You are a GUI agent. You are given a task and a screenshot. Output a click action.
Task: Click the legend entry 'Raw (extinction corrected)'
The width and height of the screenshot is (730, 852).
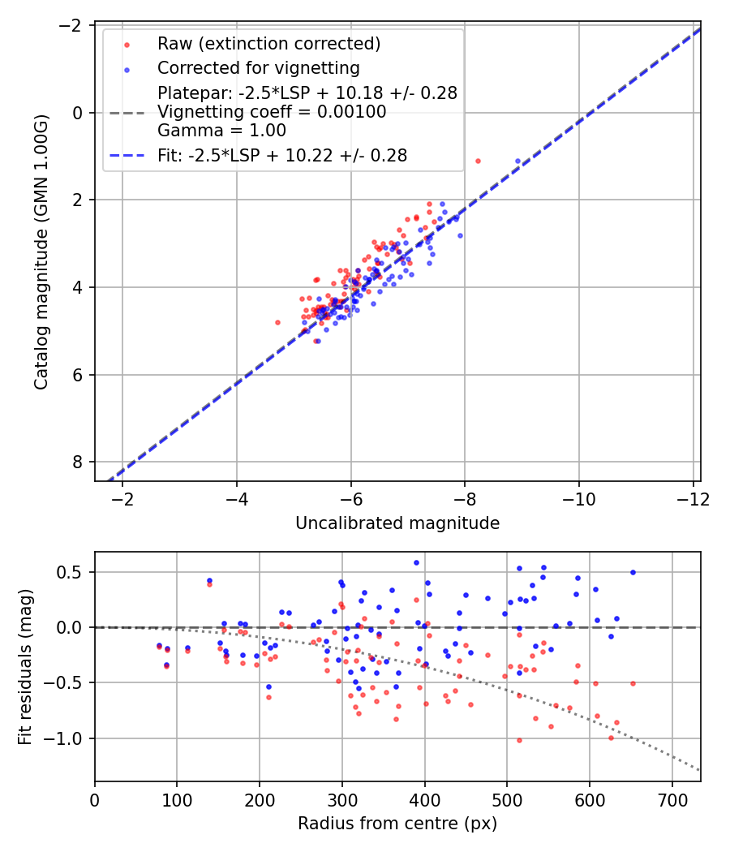268,44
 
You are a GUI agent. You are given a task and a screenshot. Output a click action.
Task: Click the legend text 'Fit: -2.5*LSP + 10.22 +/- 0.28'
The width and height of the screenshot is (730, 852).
282,155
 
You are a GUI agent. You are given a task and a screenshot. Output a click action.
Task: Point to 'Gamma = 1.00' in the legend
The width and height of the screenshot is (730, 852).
221,130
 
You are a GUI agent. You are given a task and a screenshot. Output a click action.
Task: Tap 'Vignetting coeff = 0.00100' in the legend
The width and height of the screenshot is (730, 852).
272,112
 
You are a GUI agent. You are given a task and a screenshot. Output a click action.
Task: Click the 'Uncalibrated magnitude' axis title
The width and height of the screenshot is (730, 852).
397,523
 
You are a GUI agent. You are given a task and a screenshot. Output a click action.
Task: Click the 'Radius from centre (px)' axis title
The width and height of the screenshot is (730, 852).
397,824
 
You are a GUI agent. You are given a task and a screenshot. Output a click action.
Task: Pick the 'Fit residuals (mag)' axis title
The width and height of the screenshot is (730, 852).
25,666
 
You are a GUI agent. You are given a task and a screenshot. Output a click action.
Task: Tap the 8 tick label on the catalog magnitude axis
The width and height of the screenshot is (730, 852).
79,462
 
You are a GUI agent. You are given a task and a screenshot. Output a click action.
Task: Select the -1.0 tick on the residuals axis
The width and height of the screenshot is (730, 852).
69,738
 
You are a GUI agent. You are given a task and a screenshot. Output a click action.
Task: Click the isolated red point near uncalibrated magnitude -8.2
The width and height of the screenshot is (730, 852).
478,161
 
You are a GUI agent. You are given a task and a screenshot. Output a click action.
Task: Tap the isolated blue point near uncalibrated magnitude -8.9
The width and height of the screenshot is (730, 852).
517,161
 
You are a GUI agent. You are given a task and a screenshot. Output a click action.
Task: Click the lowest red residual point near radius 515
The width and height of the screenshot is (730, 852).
519,740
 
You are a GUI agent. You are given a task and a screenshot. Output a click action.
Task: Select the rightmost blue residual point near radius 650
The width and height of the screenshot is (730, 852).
633,572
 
